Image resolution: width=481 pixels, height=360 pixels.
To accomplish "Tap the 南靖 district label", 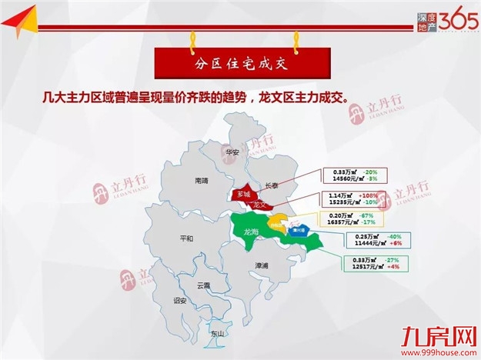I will pos(202,180).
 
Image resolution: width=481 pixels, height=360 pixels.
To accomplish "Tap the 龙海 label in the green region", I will pos(251,231).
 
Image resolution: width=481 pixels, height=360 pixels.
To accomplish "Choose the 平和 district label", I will pos(185,238).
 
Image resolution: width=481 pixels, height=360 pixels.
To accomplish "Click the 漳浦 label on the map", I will pos(262,265).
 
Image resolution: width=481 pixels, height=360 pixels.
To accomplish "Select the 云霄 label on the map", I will pos(203,285).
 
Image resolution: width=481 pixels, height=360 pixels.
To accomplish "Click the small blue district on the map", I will pos(296,229).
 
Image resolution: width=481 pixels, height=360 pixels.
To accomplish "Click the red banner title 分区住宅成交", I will pos(240,58).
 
